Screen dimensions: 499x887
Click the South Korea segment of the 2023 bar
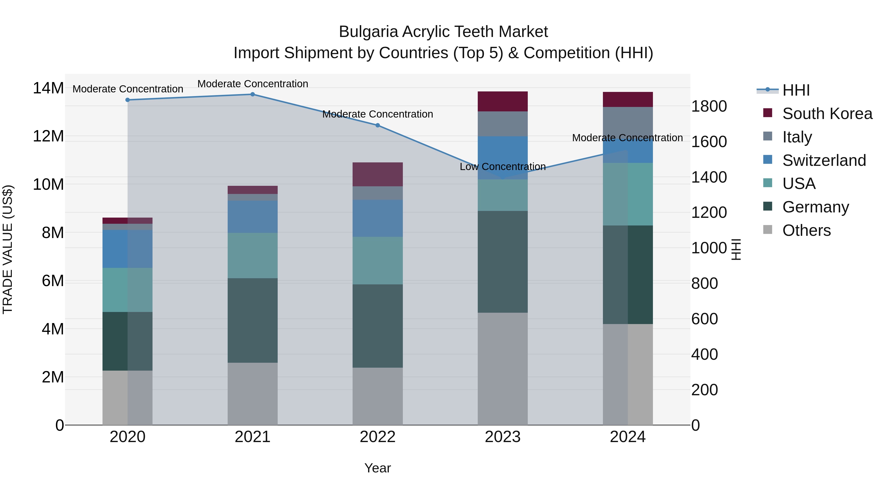[502, 101]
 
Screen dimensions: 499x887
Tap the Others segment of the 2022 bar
[377, 396]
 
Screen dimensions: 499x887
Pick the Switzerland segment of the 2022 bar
[377, 218]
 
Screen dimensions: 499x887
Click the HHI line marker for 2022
[377, 125]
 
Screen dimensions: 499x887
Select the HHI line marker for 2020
[127, 100]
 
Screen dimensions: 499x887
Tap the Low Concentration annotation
[502, 167]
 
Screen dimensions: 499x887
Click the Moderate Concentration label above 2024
[627, 138]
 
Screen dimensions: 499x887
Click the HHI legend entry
[795, 90]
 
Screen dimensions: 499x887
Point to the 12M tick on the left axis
[48, 136]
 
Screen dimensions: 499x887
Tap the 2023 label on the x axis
[502, 437]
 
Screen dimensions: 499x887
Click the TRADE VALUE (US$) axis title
[8, 249]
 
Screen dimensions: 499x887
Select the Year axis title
[377, 468]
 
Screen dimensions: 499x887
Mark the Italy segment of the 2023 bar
[502, 124]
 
